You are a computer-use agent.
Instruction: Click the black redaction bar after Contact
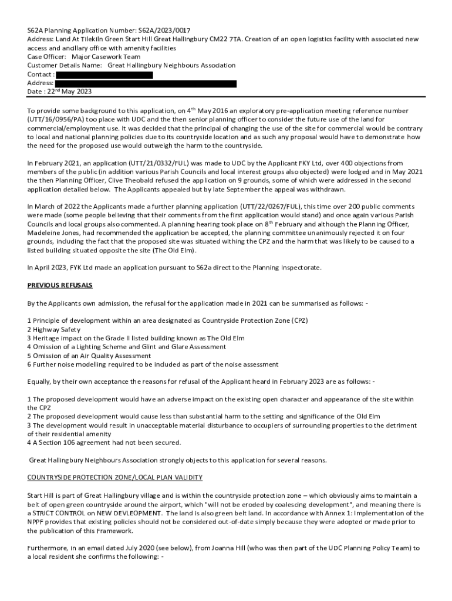pos(104,75)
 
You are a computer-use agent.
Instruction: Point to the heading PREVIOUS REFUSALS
pos(60,285)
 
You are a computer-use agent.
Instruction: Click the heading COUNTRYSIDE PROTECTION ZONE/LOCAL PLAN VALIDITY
pos(115,478)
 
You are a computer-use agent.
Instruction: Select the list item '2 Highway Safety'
pos(54,330)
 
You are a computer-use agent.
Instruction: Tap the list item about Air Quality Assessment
pos(89,356)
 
